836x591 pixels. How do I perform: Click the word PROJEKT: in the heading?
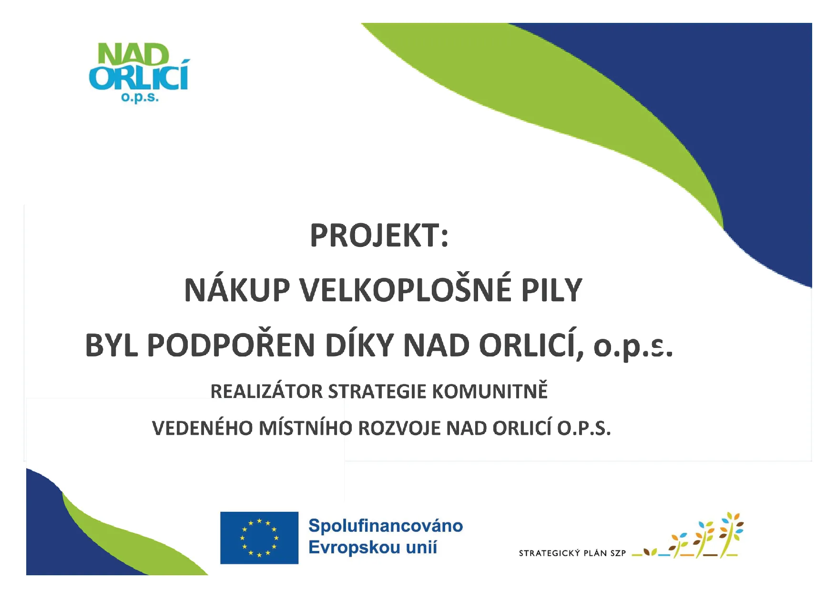point(379,235)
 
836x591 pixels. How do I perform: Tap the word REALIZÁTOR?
point(267,391)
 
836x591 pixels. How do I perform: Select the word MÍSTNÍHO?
point(306,428)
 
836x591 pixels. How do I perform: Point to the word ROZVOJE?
point(400,428)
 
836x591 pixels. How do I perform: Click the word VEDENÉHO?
point(203,428)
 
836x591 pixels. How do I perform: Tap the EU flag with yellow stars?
point(259,538)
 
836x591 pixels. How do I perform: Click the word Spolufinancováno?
point(386,526)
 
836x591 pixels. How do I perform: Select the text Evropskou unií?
point(373,547)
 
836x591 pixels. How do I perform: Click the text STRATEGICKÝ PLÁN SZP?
point(572,553)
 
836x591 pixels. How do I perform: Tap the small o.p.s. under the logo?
point(140,98)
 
